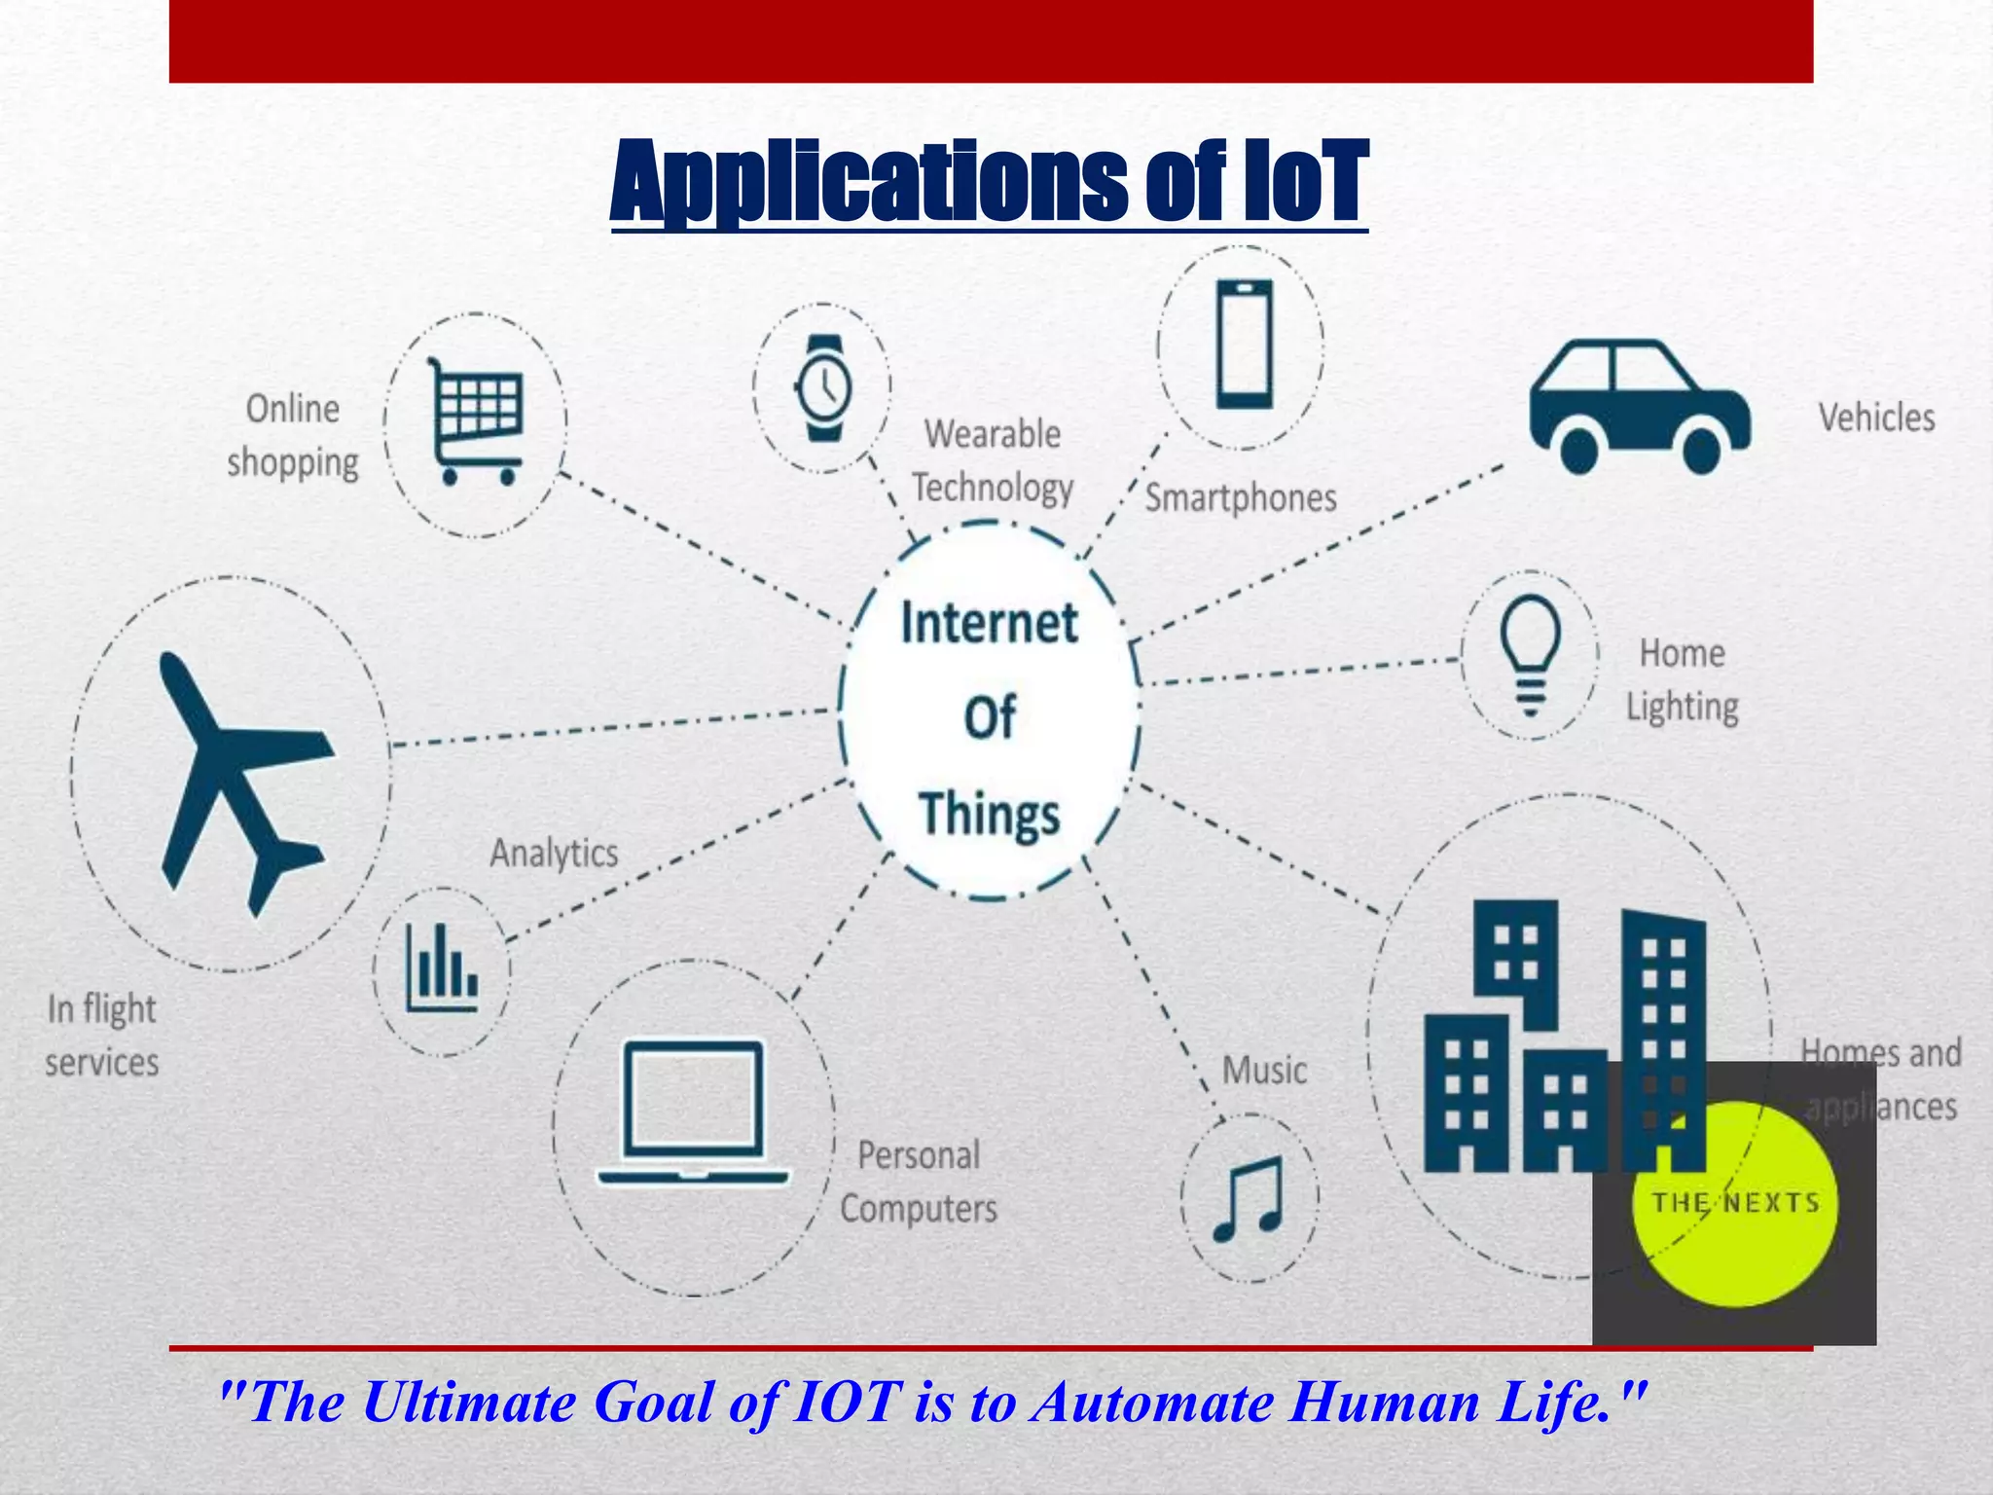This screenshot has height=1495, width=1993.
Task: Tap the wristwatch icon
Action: coord(823,387)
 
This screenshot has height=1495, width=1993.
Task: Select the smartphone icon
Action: coord(1244,345)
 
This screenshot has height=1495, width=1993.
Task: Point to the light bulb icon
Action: coord(1530,654)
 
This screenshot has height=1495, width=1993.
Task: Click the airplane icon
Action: coord(238,779)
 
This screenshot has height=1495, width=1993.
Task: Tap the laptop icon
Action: coord(693,1113)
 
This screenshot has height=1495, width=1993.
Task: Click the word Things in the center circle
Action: coord(989,814)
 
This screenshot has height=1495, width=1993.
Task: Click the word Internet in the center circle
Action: coord(989,623)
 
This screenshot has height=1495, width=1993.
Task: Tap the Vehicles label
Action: coord(1876,418)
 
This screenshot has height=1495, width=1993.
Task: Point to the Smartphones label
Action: coord(1240,497)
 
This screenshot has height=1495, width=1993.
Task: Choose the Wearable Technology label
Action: coord(992,460)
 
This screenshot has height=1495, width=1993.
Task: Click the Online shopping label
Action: coord(293,435)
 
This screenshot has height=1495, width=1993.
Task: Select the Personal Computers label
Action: coord(919,1182)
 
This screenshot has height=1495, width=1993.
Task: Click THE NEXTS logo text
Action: coord(1735,1203)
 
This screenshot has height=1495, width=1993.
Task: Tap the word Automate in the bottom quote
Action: coord(1151,1403)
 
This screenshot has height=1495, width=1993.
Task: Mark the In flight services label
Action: coord(102,1035)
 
